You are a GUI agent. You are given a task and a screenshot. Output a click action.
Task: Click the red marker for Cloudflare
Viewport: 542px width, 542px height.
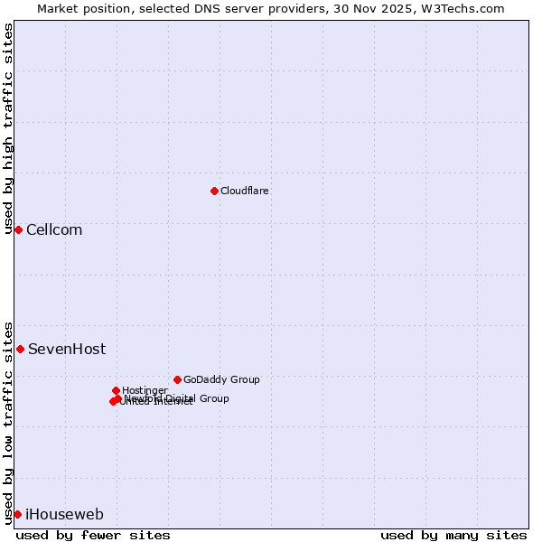[214, 191]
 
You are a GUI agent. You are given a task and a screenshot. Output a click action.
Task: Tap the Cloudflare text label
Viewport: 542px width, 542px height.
[245, 191]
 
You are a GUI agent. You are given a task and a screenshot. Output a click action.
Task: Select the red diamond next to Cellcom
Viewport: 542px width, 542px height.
[18, 229]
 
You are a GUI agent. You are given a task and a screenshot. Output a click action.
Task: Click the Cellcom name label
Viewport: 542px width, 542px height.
[54, 229]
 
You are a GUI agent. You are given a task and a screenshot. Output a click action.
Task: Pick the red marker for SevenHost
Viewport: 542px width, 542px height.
[20, 349]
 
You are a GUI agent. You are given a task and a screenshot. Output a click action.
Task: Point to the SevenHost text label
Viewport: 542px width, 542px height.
[67, 349]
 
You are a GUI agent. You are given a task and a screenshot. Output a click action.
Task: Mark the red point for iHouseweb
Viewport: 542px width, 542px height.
[17, 514]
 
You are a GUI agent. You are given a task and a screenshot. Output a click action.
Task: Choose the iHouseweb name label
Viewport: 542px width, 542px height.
[64, 514]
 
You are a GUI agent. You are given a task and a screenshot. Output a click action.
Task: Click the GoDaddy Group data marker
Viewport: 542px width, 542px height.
[177, 379]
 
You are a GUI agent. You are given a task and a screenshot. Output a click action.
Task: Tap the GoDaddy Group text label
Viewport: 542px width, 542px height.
[221, 379]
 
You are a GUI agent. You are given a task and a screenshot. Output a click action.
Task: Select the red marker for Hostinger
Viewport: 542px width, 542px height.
[116, 390]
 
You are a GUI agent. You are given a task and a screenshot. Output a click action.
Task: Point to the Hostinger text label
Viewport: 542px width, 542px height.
[145, 390]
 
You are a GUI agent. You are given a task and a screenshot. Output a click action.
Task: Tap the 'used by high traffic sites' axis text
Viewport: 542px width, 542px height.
[8, 129]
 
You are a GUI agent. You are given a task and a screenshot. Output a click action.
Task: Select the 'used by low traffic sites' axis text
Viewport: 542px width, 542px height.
[8, 423]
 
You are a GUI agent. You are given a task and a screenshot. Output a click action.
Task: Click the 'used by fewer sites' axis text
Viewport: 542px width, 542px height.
[93, 535]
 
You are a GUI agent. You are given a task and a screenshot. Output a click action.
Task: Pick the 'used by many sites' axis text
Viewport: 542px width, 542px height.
[453, 535]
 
